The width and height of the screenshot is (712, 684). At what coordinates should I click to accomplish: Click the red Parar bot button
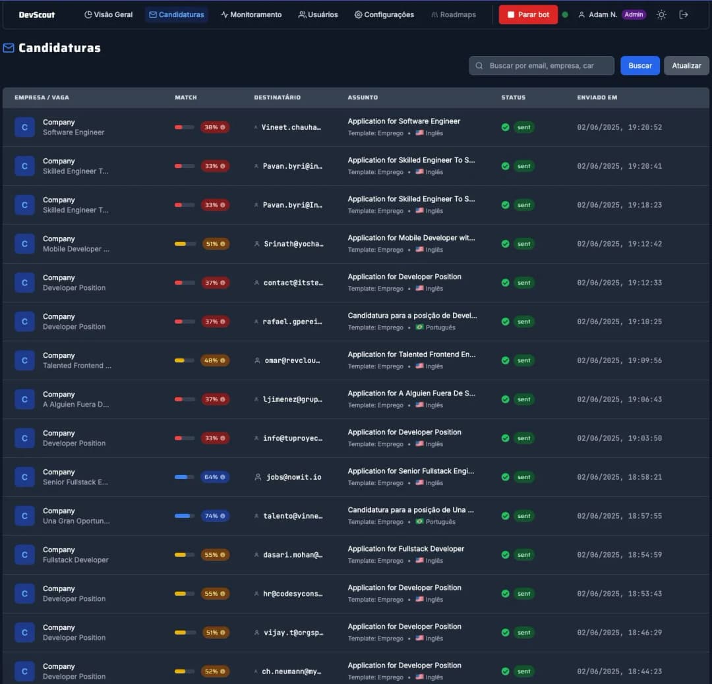click(x=528, y=14)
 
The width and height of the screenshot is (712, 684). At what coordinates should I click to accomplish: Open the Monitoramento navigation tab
click(x=251, y=14)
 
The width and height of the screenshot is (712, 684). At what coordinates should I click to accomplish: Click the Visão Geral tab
click(x=109, y=14)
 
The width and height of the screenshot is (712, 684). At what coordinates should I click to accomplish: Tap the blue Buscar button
click(x=639, y=65)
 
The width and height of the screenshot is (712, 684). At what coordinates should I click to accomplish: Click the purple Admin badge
click(x=634, y=14)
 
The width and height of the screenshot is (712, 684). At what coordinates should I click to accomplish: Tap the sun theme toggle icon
click(x=661, y=14)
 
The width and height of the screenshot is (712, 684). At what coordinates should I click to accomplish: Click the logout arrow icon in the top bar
click(x=684, y=14)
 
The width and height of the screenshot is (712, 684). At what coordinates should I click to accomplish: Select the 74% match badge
click(x=215, y=516)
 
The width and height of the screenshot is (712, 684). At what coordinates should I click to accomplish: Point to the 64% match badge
click(x=215, y=477)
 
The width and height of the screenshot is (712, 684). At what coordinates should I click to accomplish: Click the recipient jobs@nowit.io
click(x=293, y=477)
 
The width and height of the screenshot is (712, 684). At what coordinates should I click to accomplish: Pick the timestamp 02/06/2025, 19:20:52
click(x=619, y=127)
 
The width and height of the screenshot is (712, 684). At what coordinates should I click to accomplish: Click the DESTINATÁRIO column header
click(x=277, y=98)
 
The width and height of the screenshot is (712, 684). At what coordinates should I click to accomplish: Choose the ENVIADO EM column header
click(x=597, y=98)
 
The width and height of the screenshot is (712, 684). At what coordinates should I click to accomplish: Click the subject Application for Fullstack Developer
click(x=406, y=549)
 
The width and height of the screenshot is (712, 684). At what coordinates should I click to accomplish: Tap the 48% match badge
click(x=215, y=360)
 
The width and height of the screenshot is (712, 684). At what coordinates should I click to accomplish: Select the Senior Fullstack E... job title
click(x=75, y=482)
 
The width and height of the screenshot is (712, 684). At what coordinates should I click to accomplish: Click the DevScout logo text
click(x=37, y=14)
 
